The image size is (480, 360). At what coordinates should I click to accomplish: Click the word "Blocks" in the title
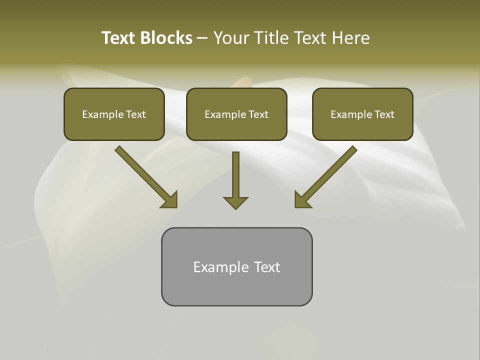(x=167, y=38)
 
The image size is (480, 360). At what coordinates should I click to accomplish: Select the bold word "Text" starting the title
(x=119, y=38)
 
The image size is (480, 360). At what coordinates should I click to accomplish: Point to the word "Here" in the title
(x=351, y=38)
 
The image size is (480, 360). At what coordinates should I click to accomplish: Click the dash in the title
(x=203, y=38)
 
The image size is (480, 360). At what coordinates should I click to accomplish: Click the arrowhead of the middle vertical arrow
(x=235, y=202)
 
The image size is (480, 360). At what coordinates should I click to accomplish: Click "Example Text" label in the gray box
(x=236, y=267)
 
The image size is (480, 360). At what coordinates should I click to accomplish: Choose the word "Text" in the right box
(x=384, y=114)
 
